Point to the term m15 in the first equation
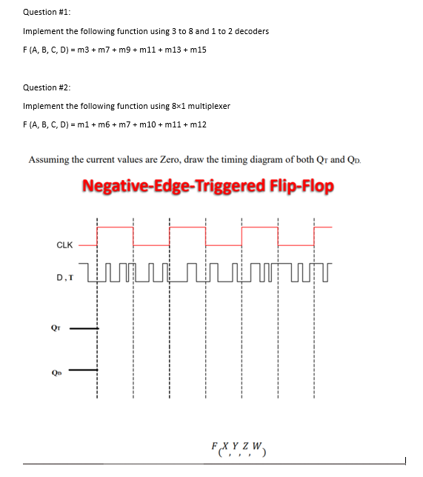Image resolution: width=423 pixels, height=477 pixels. tap(199, 50)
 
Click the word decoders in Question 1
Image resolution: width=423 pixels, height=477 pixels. tap(250, 31)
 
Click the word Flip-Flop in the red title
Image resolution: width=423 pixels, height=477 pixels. tap(300, 184)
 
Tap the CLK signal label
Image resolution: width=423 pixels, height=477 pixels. tap(64, 244)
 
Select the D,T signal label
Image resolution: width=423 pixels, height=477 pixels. tap(64, 278)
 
